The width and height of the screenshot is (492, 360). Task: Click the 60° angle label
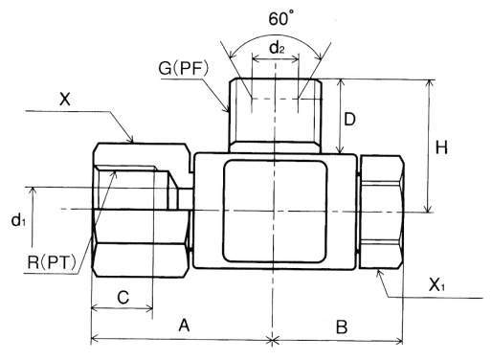[x=280, y=18]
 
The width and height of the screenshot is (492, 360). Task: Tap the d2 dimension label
[x=277, y=48]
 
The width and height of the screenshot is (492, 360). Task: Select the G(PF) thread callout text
[x=184, y=68]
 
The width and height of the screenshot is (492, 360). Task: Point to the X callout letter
[x=65, y=100]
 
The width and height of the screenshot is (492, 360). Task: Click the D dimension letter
[x=349, y=120]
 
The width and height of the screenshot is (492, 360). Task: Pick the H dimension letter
[x=441, y=148]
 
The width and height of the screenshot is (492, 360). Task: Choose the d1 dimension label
[x=18, y=220]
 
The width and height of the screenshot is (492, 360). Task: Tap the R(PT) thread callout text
[x=52, y=262]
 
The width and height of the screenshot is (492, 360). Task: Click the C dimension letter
[x=123, y=298]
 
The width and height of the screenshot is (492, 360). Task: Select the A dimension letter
[x=184, y=326]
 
